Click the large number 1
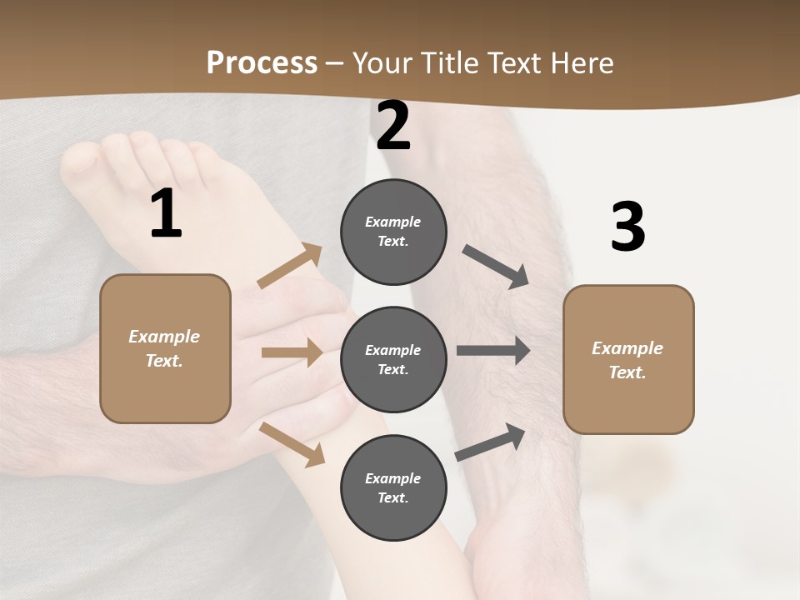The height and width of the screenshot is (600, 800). [x=166, y=214]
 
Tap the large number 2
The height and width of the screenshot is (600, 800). [x=393, y=127]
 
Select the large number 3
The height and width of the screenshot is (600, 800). [x=627, y=227]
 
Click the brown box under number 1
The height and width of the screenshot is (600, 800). [x=165, y=348]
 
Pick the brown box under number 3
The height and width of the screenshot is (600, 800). [x=628, y=359]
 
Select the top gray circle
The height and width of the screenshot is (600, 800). [x=393, y=232]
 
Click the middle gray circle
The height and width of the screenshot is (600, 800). [x=393, y=359]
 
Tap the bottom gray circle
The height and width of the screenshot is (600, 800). [x=393, y=487]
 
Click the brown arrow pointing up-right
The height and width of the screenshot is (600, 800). [x=290, y=266]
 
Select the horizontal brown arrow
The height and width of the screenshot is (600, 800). [x=292, y=352]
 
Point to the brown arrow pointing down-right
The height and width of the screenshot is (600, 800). [x=292, y=444]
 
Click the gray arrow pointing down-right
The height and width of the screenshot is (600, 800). [x=496, y=266]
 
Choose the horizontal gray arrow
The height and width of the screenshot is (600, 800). [x=493, y=351]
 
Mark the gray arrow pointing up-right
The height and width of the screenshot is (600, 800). [x=490, y=442]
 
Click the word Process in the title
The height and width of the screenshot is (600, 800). [x=262, y=62]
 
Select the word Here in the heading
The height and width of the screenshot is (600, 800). [x=582, y=62]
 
